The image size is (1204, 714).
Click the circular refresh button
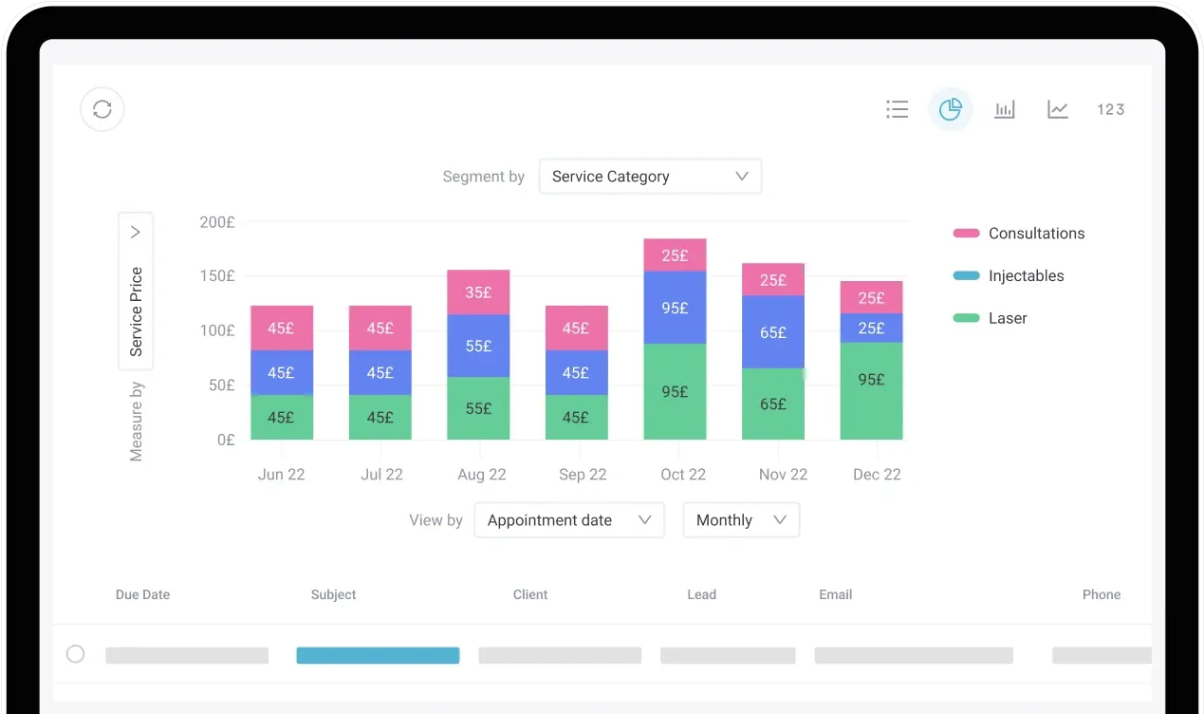point(102,109)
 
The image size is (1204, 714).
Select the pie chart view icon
point(950,109)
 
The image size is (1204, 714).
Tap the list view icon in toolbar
point(897,109)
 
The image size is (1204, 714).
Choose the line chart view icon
point(1058,109)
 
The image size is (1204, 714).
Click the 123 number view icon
point(1110,109)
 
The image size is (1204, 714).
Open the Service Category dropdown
point(650,177)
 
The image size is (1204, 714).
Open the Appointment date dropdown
point(568,520)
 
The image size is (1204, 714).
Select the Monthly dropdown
point(741,520)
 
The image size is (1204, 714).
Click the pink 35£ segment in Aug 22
point(478,292)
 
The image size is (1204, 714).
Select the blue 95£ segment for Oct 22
point(675,308)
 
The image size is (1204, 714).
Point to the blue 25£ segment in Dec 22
point(871,328)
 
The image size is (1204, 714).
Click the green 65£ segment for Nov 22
point(773,404)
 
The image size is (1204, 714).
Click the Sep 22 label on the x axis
point(583,475)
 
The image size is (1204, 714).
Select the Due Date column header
point(142,594)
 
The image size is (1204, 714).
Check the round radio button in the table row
point(75,654)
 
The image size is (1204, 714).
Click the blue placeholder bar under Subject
point(378,655)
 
